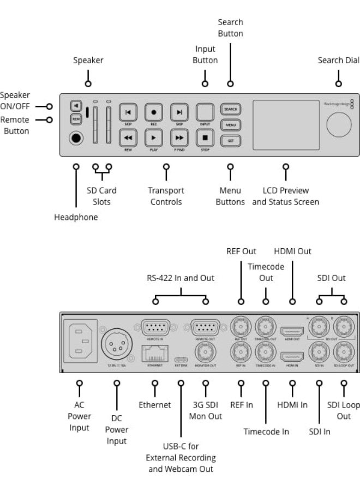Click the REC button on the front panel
[153, 112]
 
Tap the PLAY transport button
[153, 137]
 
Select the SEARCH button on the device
[231, 109]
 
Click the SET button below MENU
[231, 141]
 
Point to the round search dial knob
[339, 124]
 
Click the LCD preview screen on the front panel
[285, 124]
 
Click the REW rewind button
[128, 137]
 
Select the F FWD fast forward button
[179, 137]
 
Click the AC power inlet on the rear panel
[81, 340]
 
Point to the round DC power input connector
[116, 342]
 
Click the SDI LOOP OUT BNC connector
[344, 351]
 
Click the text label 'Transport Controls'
[166, 196]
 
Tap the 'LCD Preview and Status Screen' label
[285, 196]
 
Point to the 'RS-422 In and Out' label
[181, 278]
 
